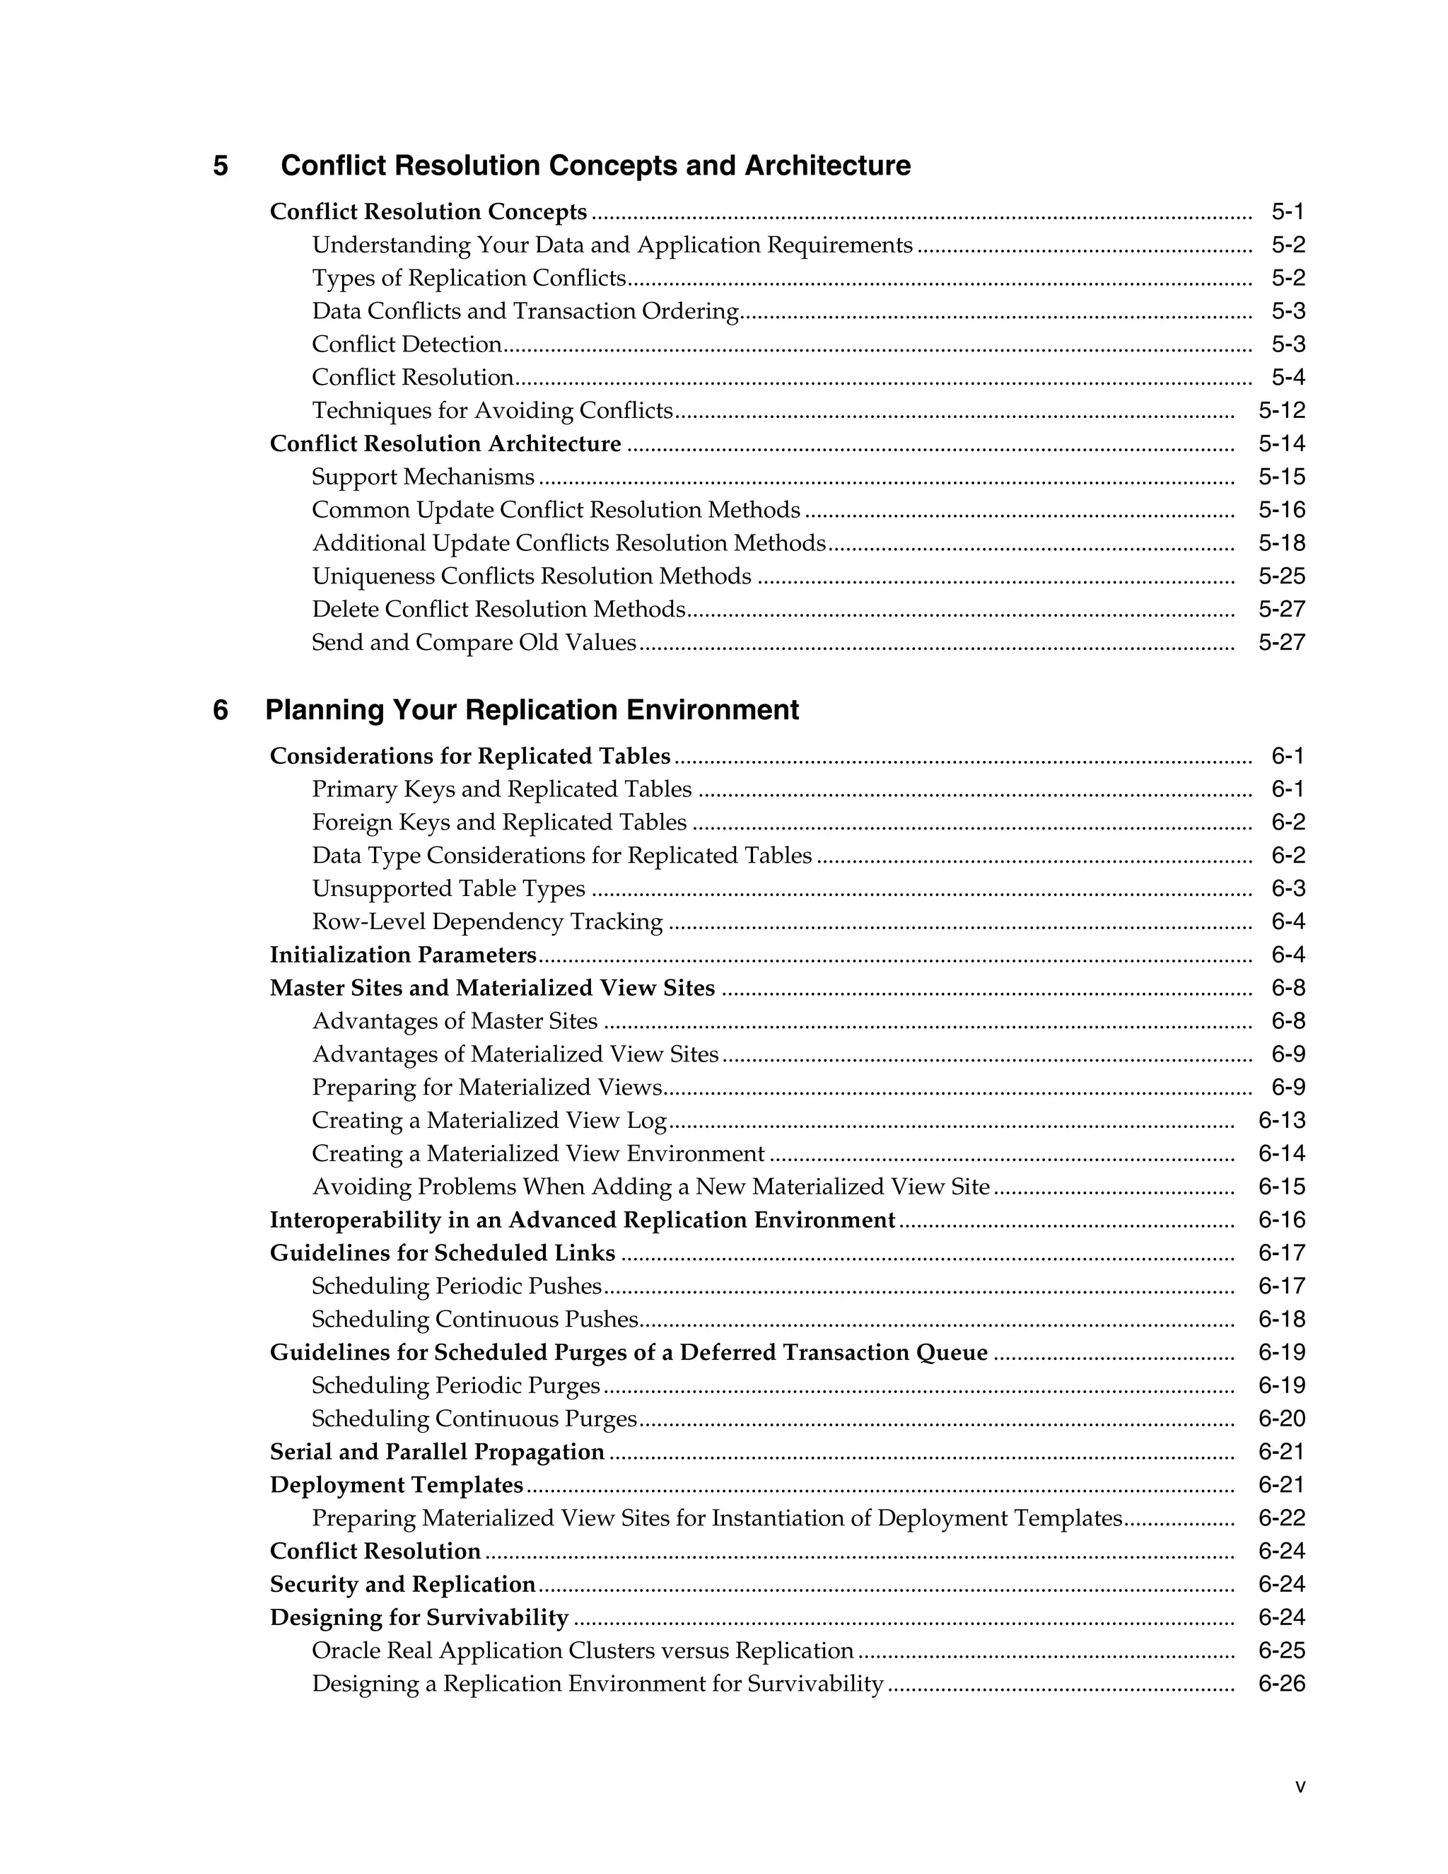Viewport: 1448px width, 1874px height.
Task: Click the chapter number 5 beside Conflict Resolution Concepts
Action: coord(221,165)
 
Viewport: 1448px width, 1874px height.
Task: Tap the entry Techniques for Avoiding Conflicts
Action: coord(492,410)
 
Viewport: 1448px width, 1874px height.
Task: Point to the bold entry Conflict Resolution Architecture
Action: coord(445,443)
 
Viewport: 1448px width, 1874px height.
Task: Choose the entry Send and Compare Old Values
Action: coord(474,643)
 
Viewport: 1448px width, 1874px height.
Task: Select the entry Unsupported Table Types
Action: coord(449,889)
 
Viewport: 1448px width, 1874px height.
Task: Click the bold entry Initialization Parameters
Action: coord(403,955)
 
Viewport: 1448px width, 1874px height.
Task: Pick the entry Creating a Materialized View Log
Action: coord(489,1121)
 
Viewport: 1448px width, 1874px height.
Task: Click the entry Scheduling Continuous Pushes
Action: coord(475,1319)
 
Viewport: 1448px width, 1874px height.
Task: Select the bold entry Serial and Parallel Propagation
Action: coord(438,1452)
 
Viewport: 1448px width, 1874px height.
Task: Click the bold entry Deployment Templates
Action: coord(397,1484)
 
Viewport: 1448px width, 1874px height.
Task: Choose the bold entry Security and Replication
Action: coord(402,1584)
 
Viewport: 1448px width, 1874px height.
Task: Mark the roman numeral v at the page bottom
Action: coord(1300,1787)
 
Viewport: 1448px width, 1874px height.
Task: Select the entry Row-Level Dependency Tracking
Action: coord(487,921)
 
